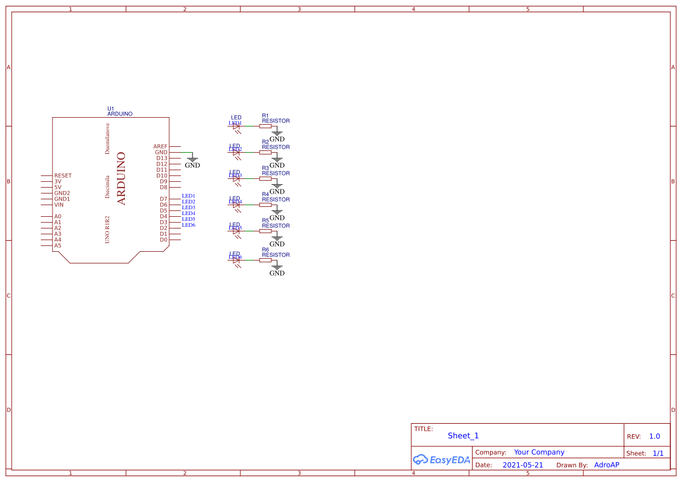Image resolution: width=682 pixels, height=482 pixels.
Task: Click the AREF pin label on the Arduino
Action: click(160, 146)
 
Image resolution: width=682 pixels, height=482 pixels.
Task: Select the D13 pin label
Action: click(162, 158)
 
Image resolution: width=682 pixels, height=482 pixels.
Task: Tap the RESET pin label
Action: click(63, 175)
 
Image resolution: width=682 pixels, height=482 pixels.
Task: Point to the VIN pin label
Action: click(59, 205)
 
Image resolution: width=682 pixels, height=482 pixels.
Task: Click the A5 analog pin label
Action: click(58, 245)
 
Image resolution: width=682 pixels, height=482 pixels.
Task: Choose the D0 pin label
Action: click(163, 240)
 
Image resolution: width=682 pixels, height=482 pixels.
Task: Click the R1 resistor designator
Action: click(265, 115)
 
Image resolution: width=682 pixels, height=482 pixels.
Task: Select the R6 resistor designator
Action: click(265, 249)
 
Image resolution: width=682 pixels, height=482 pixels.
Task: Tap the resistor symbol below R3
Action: click(265, 178)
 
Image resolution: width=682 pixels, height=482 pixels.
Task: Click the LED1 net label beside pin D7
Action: click(188, 196)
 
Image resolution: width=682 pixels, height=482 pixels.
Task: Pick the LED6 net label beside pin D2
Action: click(188, 225)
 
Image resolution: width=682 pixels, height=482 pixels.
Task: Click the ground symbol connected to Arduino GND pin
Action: click(192, 159)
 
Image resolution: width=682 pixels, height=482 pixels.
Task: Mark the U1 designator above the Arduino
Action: click(111, 108)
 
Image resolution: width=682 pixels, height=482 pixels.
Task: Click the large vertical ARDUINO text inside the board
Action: click(121, 178)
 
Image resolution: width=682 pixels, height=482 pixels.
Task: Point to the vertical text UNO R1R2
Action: click(107, 229)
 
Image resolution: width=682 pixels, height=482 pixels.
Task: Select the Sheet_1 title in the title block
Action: click(463, 435)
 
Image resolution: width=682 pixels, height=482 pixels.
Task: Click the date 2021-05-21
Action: click(522, 465)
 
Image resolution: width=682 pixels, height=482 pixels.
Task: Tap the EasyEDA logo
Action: click(441, 460)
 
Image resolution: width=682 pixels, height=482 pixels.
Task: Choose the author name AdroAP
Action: click(607, 465)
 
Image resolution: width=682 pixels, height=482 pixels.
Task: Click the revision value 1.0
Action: click(654, 436)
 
